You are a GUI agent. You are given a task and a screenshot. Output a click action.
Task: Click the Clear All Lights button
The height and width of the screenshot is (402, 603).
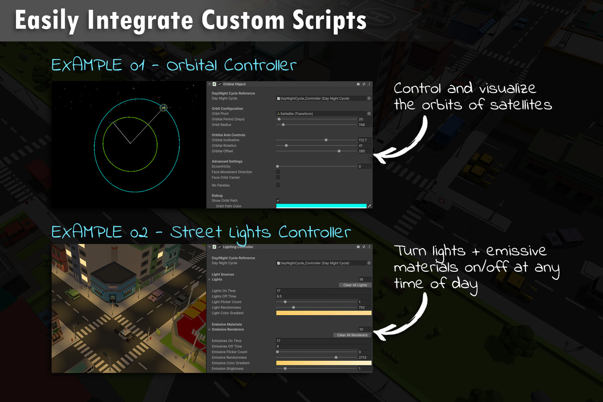[355, 285]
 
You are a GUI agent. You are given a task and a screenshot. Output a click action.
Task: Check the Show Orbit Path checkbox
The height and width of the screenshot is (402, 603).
[278, 200]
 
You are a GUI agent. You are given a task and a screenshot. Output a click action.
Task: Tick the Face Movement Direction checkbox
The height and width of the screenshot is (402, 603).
[278, 172]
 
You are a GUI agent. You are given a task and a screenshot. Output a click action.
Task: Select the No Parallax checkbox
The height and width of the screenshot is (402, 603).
[278, 185]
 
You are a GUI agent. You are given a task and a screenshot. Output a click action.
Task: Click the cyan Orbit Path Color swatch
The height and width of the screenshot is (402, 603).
[322, 206]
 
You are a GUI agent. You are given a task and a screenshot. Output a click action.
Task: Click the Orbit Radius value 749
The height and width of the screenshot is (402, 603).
[364, 125]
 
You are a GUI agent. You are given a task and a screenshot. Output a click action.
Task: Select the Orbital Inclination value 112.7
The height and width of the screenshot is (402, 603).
[364, 140]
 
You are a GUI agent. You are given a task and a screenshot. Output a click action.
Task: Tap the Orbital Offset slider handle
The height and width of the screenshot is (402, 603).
[339, 151]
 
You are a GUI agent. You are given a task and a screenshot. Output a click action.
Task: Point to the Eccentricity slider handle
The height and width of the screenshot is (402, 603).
[278, 166]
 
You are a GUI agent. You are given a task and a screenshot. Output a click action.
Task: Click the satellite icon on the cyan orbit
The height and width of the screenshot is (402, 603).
[163, 108]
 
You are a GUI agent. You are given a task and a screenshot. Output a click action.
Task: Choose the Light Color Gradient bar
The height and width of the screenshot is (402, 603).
[324, 313]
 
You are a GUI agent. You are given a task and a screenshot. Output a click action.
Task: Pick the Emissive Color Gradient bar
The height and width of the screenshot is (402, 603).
[324, 363]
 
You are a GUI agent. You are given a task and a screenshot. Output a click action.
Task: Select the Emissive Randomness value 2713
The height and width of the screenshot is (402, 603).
[364, 357]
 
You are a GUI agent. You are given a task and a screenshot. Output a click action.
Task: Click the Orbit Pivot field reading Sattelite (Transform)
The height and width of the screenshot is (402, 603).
[322, 114]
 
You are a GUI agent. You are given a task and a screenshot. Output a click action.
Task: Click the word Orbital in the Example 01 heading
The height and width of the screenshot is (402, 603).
[193, 65]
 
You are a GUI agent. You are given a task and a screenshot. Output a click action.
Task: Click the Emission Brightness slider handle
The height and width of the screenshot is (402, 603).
[285, 368]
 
